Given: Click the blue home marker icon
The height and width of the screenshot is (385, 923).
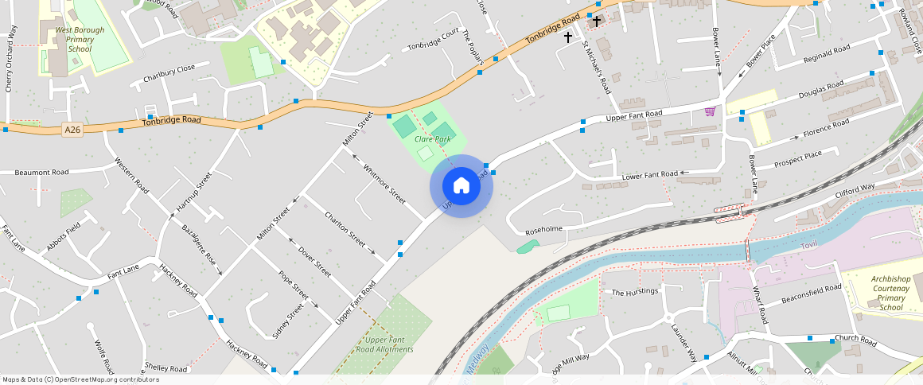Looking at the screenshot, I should tap(461, 186).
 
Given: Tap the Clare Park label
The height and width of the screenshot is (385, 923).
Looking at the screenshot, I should tap(433, 139).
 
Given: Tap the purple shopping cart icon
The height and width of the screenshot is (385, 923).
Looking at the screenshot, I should tap(709, 111).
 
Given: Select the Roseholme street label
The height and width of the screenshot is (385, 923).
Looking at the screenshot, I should tap(544, 231).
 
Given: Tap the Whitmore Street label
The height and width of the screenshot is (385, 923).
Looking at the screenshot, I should tap(384, 184).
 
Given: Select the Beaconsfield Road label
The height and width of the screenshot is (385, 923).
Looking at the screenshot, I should tap(811, 294).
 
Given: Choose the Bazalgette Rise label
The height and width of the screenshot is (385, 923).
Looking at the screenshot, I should tap(199, 248).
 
